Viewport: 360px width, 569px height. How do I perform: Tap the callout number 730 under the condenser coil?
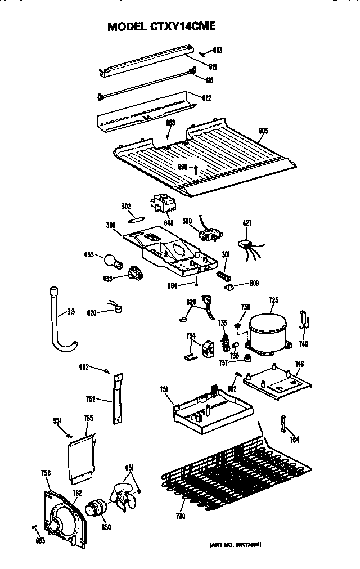tap(181, 517)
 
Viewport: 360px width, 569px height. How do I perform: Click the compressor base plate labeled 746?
tap(277, 383)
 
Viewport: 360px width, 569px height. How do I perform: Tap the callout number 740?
tap(304, 344)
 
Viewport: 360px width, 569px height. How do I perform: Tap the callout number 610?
tap(208, 80)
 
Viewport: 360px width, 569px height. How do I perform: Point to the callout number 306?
tap(111, 225)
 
